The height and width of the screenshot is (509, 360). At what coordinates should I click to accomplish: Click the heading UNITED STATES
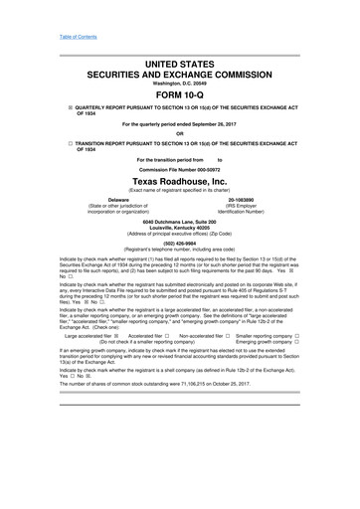click(180, 63)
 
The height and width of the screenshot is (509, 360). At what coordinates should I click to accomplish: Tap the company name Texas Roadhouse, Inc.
click(180, 183)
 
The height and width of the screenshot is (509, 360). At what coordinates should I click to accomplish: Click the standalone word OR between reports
click(180, 134)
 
